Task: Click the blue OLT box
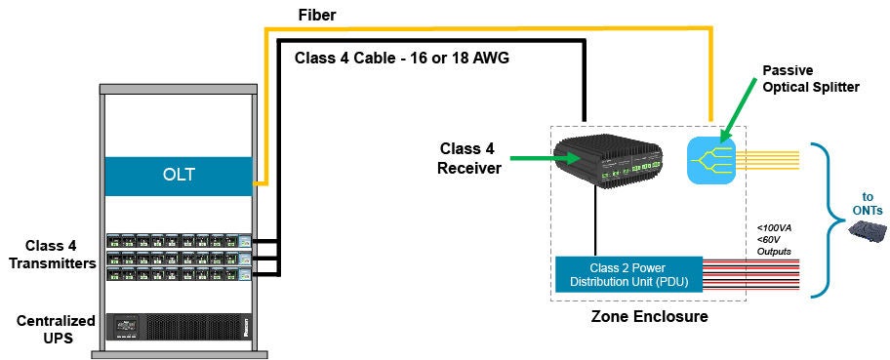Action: pos(181,177)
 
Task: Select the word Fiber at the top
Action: pos(319,16)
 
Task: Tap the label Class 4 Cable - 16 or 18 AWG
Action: pos(402,58)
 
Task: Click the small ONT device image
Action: pos(867,232)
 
